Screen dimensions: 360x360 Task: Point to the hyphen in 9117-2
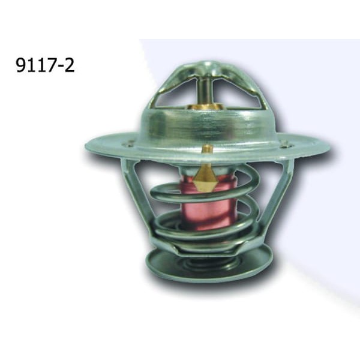(60, 66)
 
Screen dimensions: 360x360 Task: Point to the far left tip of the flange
(88, 144)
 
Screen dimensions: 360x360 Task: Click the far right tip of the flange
(328, 147)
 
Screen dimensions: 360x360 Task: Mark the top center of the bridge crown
(204, 65)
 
